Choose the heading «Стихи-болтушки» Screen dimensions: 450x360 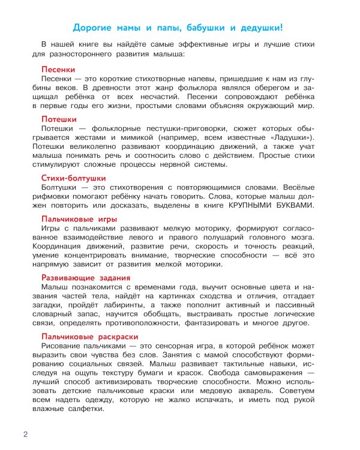[73, 178]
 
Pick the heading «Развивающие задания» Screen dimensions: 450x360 [85, 277]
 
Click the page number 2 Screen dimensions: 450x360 [25, 434]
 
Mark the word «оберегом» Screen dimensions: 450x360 [261, 88]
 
